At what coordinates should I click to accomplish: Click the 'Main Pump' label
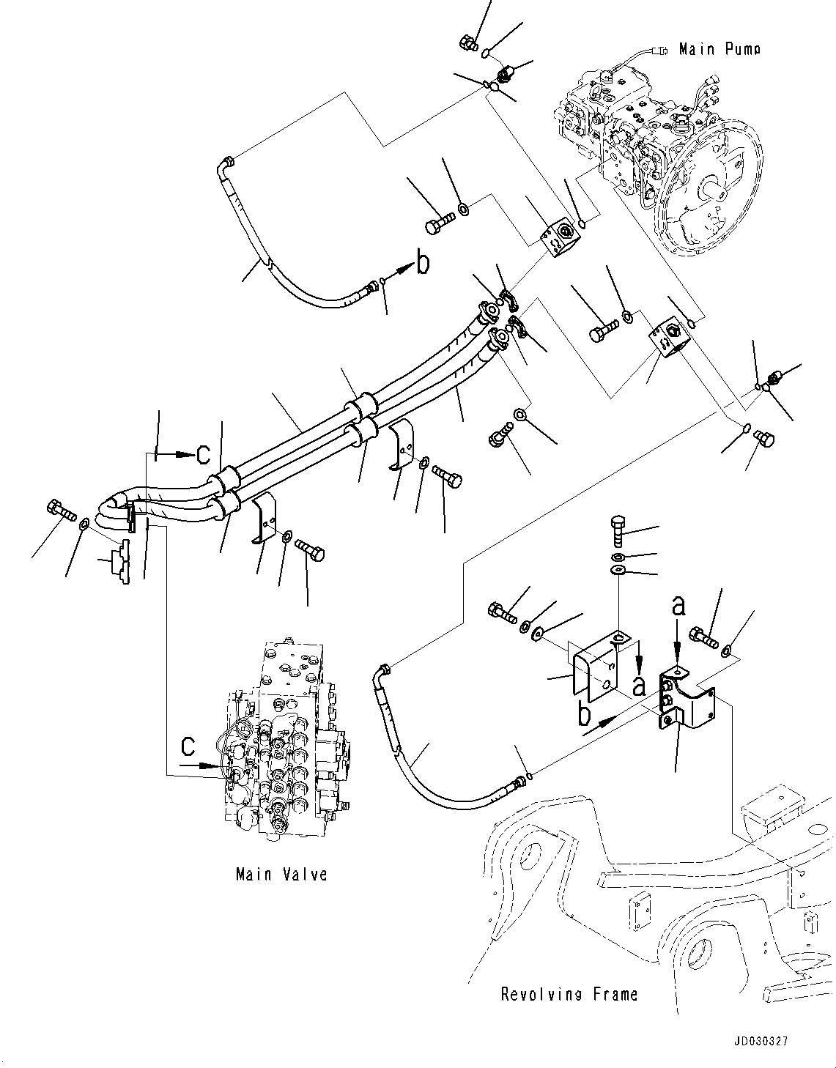[x=719, y=49]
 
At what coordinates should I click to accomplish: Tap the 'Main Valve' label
[x=281, y=874]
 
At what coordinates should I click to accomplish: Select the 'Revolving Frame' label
[x=569, y=994]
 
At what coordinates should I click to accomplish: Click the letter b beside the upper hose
[x=423, y=263]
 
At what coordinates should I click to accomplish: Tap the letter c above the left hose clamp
[x=204, y=455]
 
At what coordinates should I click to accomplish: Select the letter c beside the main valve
[x=188, y=746]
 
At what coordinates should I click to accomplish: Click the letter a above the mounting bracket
[x=678, y=607]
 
